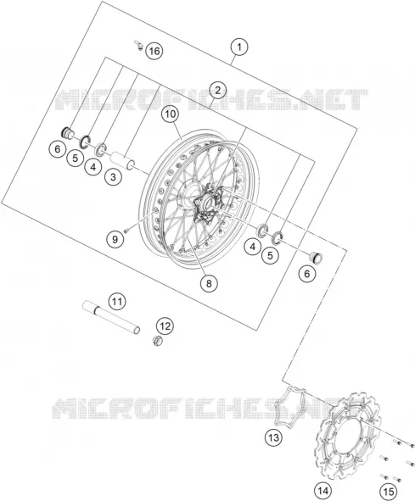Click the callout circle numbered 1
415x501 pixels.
[x=239, y=47]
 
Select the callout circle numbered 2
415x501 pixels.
[x=217, y=91]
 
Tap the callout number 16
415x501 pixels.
[x=154, y=51]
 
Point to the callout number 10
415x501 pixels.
[x=171, y=114]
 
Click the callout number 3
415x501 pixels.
[x=113, y=176]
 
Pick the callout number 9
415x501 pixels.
[x=115, y=239]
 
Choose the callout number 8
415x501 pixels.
[x=209, y=283]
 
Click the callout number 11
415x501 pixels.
[x=117, y=301]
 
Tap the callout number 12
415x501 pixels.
[x=165, y=326]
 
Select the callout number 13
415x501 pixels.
[x=273, y=437]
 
